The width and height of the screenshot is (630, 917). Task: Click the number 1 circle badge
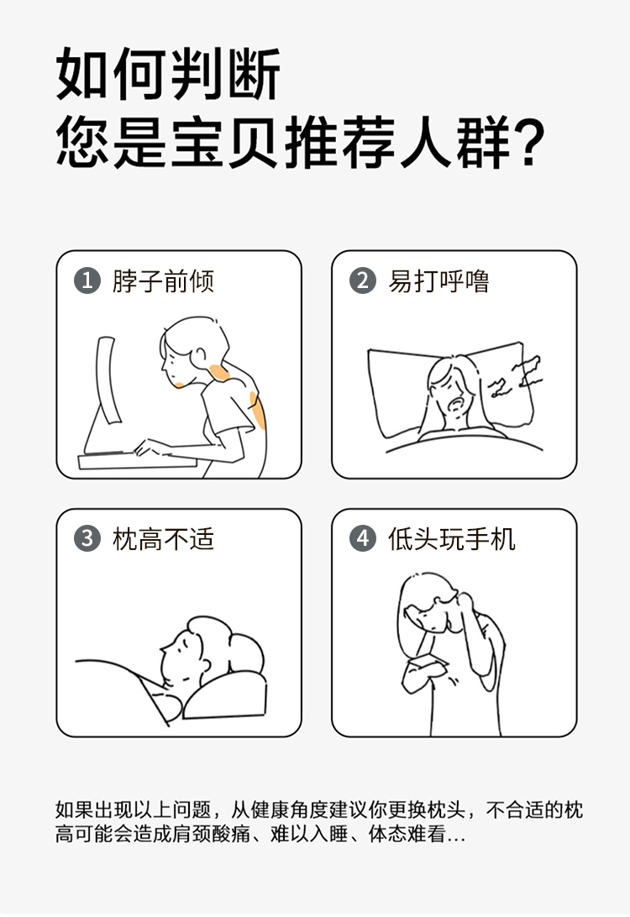click(x=87, y=280)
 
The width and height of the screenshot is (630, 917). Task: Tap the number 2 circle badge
click(x=363, y=280)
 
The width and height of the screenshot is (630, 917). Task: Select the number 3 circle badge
click(x=87, y=538)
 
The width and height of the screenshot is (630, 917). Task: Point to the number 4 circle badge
click(x=363, y=538)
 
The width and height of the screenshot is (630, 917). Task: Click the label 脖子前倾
click(x=163, y=281)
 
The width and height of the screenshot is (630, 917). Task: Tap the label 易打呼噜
click(x=438, y=281)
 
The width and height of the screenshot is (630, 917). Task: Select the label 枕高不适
click(x=163, y=539)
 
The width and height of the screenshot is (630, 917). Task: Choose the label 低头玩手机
click(x=452, y=539)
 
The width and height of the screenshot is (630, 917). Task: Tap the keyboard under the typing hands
click(x=138, y=461)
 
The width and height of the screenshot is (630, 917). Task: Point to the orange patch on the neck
click(x=219, y=373)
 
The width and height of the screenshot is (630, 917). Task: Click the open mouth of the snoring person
click(x=455, y=405)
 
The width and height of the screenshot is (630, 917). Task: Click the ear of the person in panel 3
click(x=205, y=664)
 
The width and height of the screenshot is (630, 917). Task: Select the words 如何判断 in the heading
click(x=169, y=73)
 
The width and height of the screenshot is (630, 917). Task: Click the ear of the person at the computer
click(x=200, y=355)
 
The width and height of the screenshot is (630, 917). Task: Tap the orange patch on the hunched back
click(x=257, y=410)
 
